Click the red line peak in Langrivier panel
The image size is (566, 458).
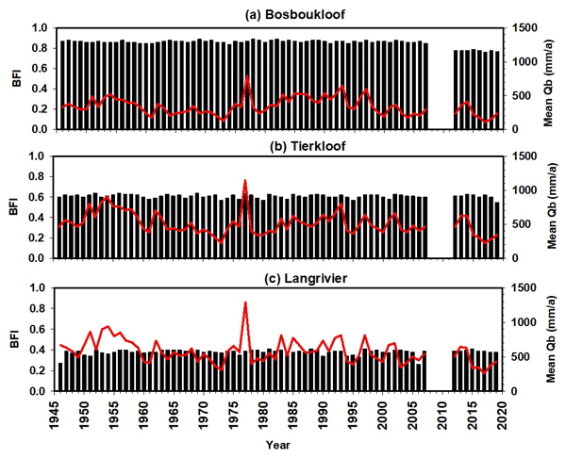tap(246, 303)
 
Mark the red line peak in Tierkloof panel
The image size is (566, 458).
tap(246, 180)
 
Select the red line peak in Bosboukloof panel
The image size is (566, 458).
tap(246, 77)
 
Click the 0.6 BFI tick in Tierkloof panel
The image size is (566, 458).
tap(37, 198)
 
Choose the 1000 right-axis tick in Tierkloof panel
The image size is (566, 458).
tap(525, 191)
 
